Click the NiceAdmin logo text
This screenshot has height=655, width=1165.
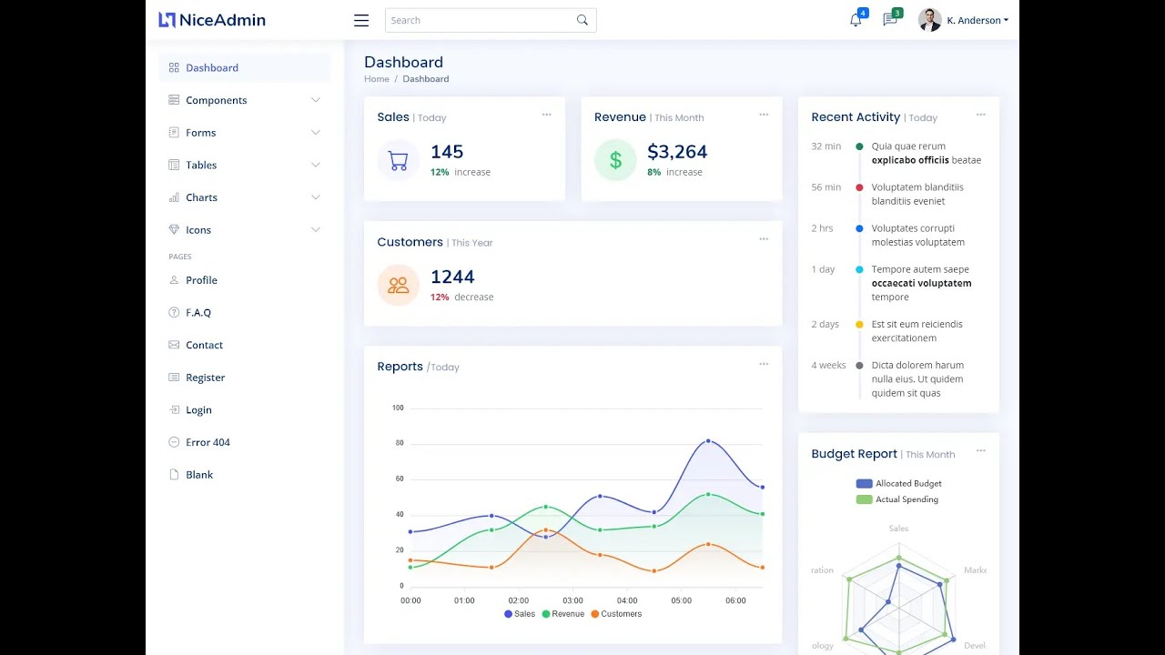pos(222,20)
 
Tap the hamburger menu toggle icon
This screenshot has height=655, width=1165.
pos(361,20)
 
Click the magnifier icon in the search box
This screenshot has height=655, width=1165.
pos(582,20)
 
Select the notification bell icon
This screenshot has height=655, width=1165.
pos(856,20)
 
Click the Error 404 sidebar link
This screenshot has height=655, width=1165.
pos(208,442)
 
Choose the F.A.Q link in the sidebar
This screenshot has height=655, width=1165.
pos(198,312)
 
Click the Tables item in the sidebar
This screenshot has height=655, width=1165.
pos(201,165)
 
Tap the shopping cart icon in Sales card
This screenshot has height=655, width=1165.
pos(398,161)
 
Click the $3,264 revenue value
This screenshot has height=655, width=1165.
pos(677,152)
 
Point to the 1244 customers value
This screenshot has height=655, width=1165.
pos(452,277)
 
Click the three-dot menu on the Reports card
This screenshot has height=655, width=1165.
pos(764,364)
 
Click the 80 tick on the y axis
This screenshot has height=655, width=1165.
pos(400,443)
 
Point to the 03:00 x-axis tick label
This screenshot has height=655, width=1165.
pos(572,600)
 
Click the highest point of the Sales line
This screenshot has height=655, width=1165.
pos(708,440)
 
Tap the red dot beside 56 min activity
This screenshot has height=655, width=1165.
pos(859,187)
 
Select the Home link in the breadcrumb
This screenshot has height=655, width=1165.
pos(377,79)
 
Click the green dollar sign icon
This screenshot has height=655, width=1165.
pos(615,161)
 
